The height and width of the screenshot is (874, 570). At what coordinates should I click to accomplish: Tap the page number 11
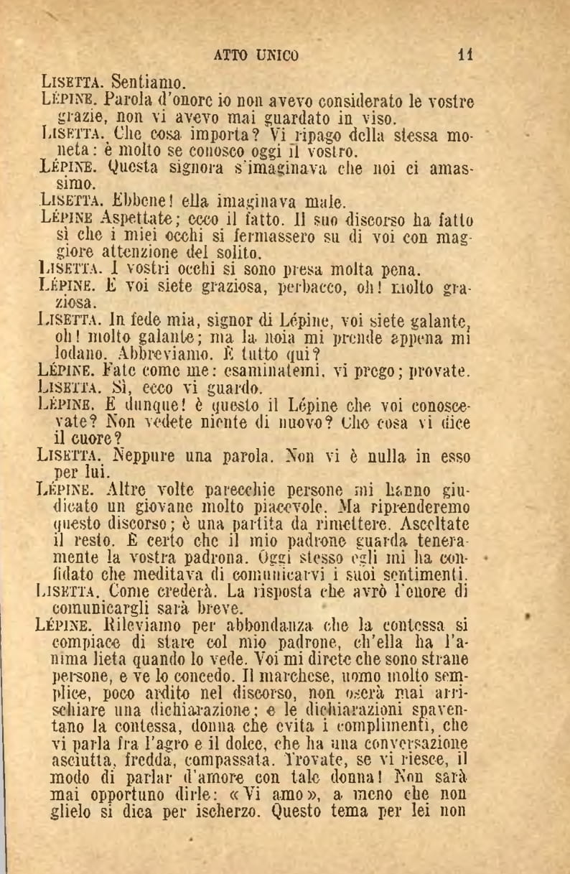point(467,55)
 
